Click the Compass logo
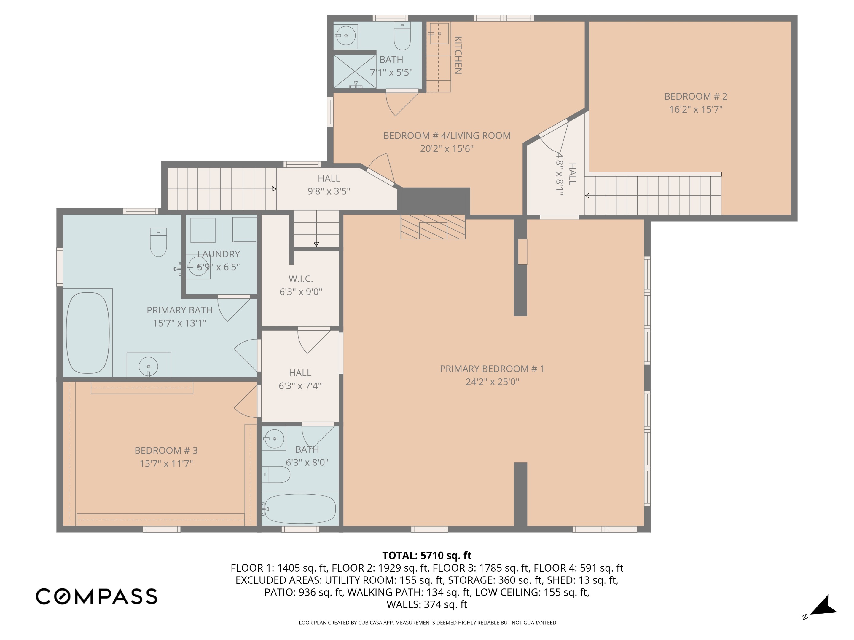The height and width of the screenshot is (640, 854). [x=96, y=596]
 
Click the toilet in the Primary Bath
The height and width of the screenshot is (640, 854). [x=158, y=242]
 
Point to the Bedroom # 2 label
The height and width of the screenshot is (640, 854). [x=696, y=96]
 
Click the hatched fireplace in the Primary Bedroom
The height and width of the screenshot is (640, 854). [x=433, y=227]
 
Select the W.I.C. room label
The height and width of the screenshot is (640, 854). [x=301, y=279]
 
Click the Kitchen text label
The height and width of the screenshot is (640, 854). [x=458, y=55]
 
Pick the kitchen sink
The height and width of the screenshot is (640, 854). [x=439, y=33]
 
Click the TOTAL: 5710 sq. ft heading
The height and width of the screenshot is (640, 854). [x=427, y=555]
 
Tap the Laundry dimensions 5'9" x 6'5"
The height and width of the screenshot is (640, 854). [x=219, y=267]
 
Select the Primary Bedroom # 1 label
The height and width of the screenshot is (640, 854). [x=492, y=369]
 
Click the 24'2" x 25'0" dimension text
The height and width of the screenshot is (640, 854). [x=492, y=382]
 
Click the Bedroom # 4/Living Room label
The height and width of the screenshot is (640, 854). [x=447, y=136]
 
